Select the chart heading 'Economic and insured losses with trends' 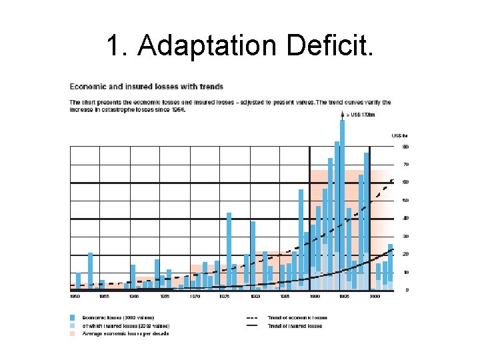coord(147,87)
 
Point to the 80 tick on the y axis coord(405,146)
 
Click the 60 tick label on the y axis coord(405,182)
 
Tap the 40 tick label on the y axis coord(405,218)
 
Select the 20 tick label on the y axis coord(405,254)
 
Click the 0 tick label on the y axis coord(406,290)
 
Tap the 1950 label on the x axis coord(75,295)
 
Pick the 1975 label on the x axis coord(225,295)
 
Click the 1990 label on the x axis coord(315,295)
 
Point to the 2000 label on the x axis coord(375,295)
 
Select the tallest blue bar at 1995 coord(343,200)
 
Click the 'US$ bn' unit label coord(399,136)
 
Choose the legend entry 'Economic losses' coord(117,317)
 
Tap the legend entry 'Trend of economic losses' coord(297,317)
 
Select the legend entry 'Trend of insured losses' coord(295,325)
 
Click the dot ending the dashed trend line coord(392,181)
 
